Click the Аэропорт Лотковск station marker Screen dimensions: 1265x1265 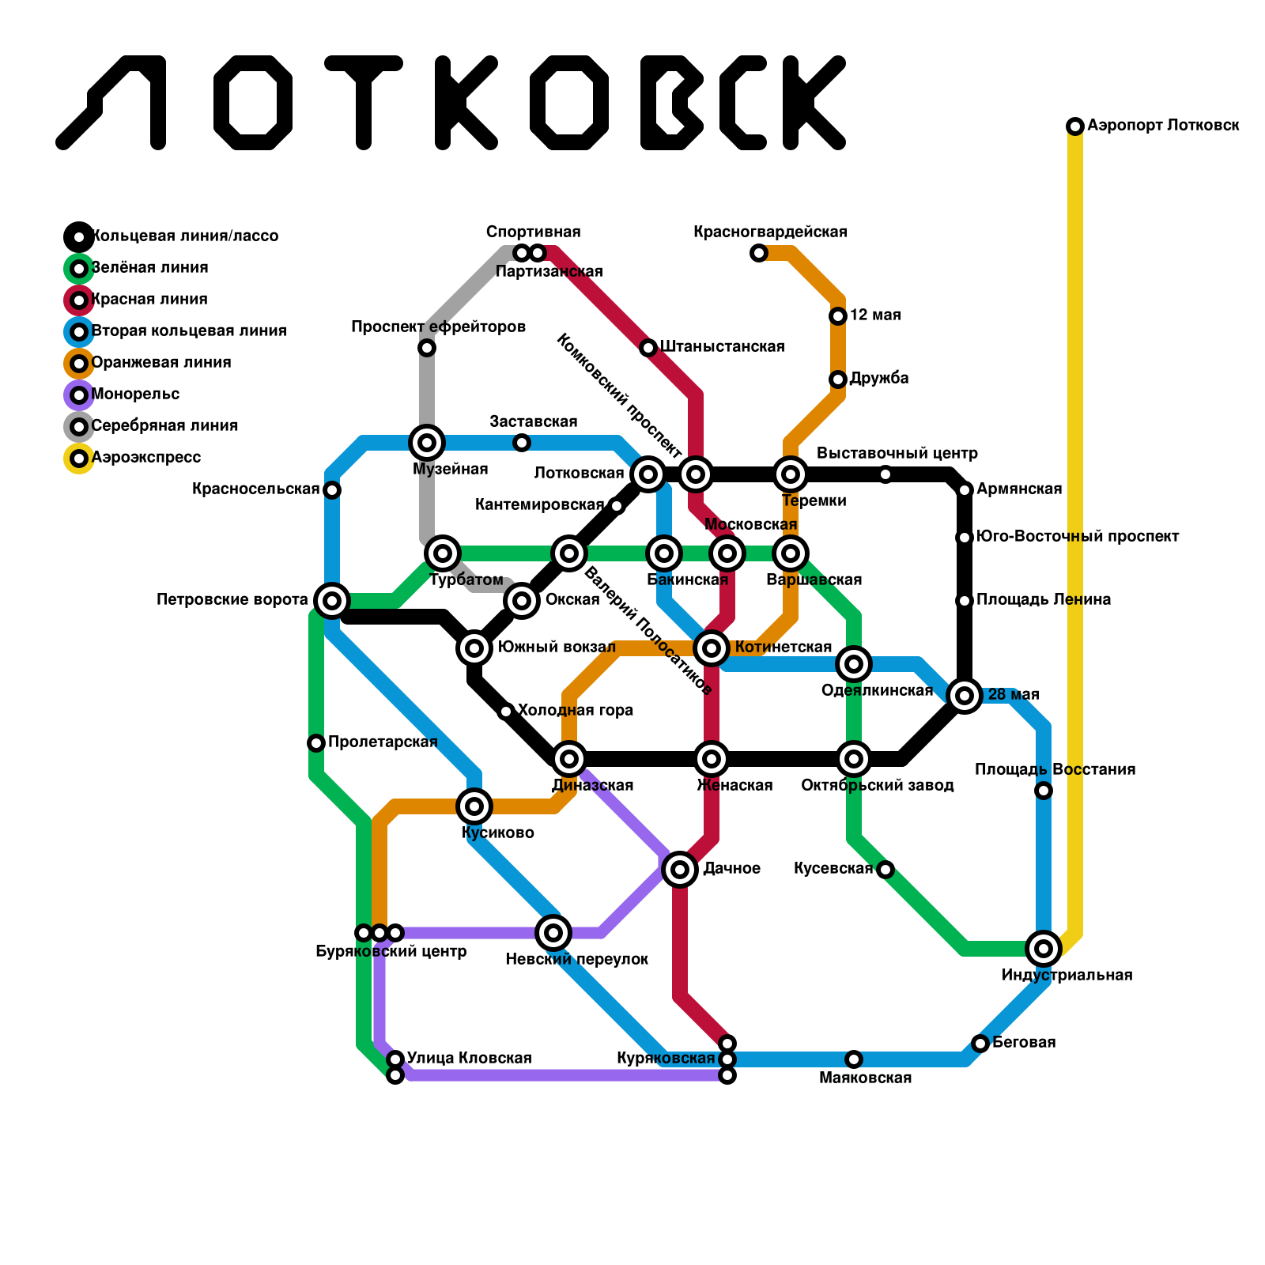coord(1075,126)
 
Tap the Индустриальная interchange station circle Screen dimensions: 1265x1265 coord(1044,949)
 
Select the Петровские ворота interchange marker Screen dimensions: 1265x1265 coord(332,601)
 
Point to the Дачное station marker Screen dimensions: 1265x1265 coord(680,870)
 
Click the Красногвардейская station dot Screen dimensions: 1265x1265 coord(759,253)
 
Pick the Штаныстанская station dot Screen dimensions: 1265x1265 coord(648,348)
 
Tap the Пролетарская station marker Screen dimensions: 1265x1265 coord(316,743)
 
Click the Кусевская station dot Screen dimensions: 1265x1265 coord(885,870)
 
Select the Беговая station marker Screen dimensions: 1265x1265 coord(980,1044)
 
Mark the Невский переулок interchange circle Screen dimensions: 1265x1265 coord(553,933)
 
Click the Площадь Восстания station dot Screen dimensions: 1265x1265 coord(1044,791)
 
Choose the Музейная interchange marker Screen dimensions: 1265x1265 coord(427,443)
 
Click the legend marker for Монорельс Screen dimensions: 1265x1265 coord(79,395)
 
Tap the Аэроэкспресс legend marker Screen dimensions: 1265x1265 coord(79,459)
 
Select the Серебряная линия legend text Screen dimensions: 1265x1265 coord(164,426)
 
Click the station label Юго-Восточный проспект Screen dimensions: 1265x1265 coord(1078,537)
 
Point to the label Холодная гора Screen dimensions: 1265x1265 coord(576,711)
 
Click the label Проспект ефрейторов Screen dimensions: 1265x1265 coord(438,327)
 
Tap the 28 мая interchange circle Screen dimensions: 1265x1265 coord(965,696)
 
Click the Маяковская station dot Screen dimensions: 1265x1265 coord(854,1059)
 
